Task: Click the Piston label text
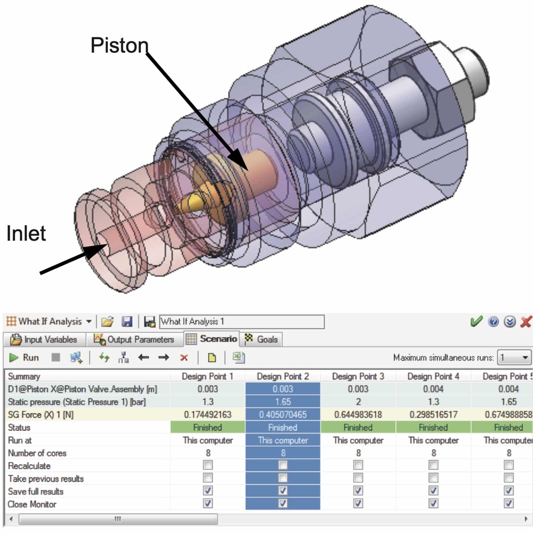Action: [x=119, y=45]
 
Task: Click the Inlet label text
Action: [x=26, y=233]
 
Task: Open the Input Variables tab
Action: [x=44, y=339]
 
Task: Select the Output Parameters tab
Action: [x=134, y=339]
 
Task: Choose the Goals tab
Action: [x=261, y=339]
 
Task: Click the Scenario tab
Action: [x=212, y=339]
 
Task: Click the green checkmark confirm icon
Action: [x=476, y=322]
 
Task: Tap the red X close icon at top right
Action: [x=526, y=322]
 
